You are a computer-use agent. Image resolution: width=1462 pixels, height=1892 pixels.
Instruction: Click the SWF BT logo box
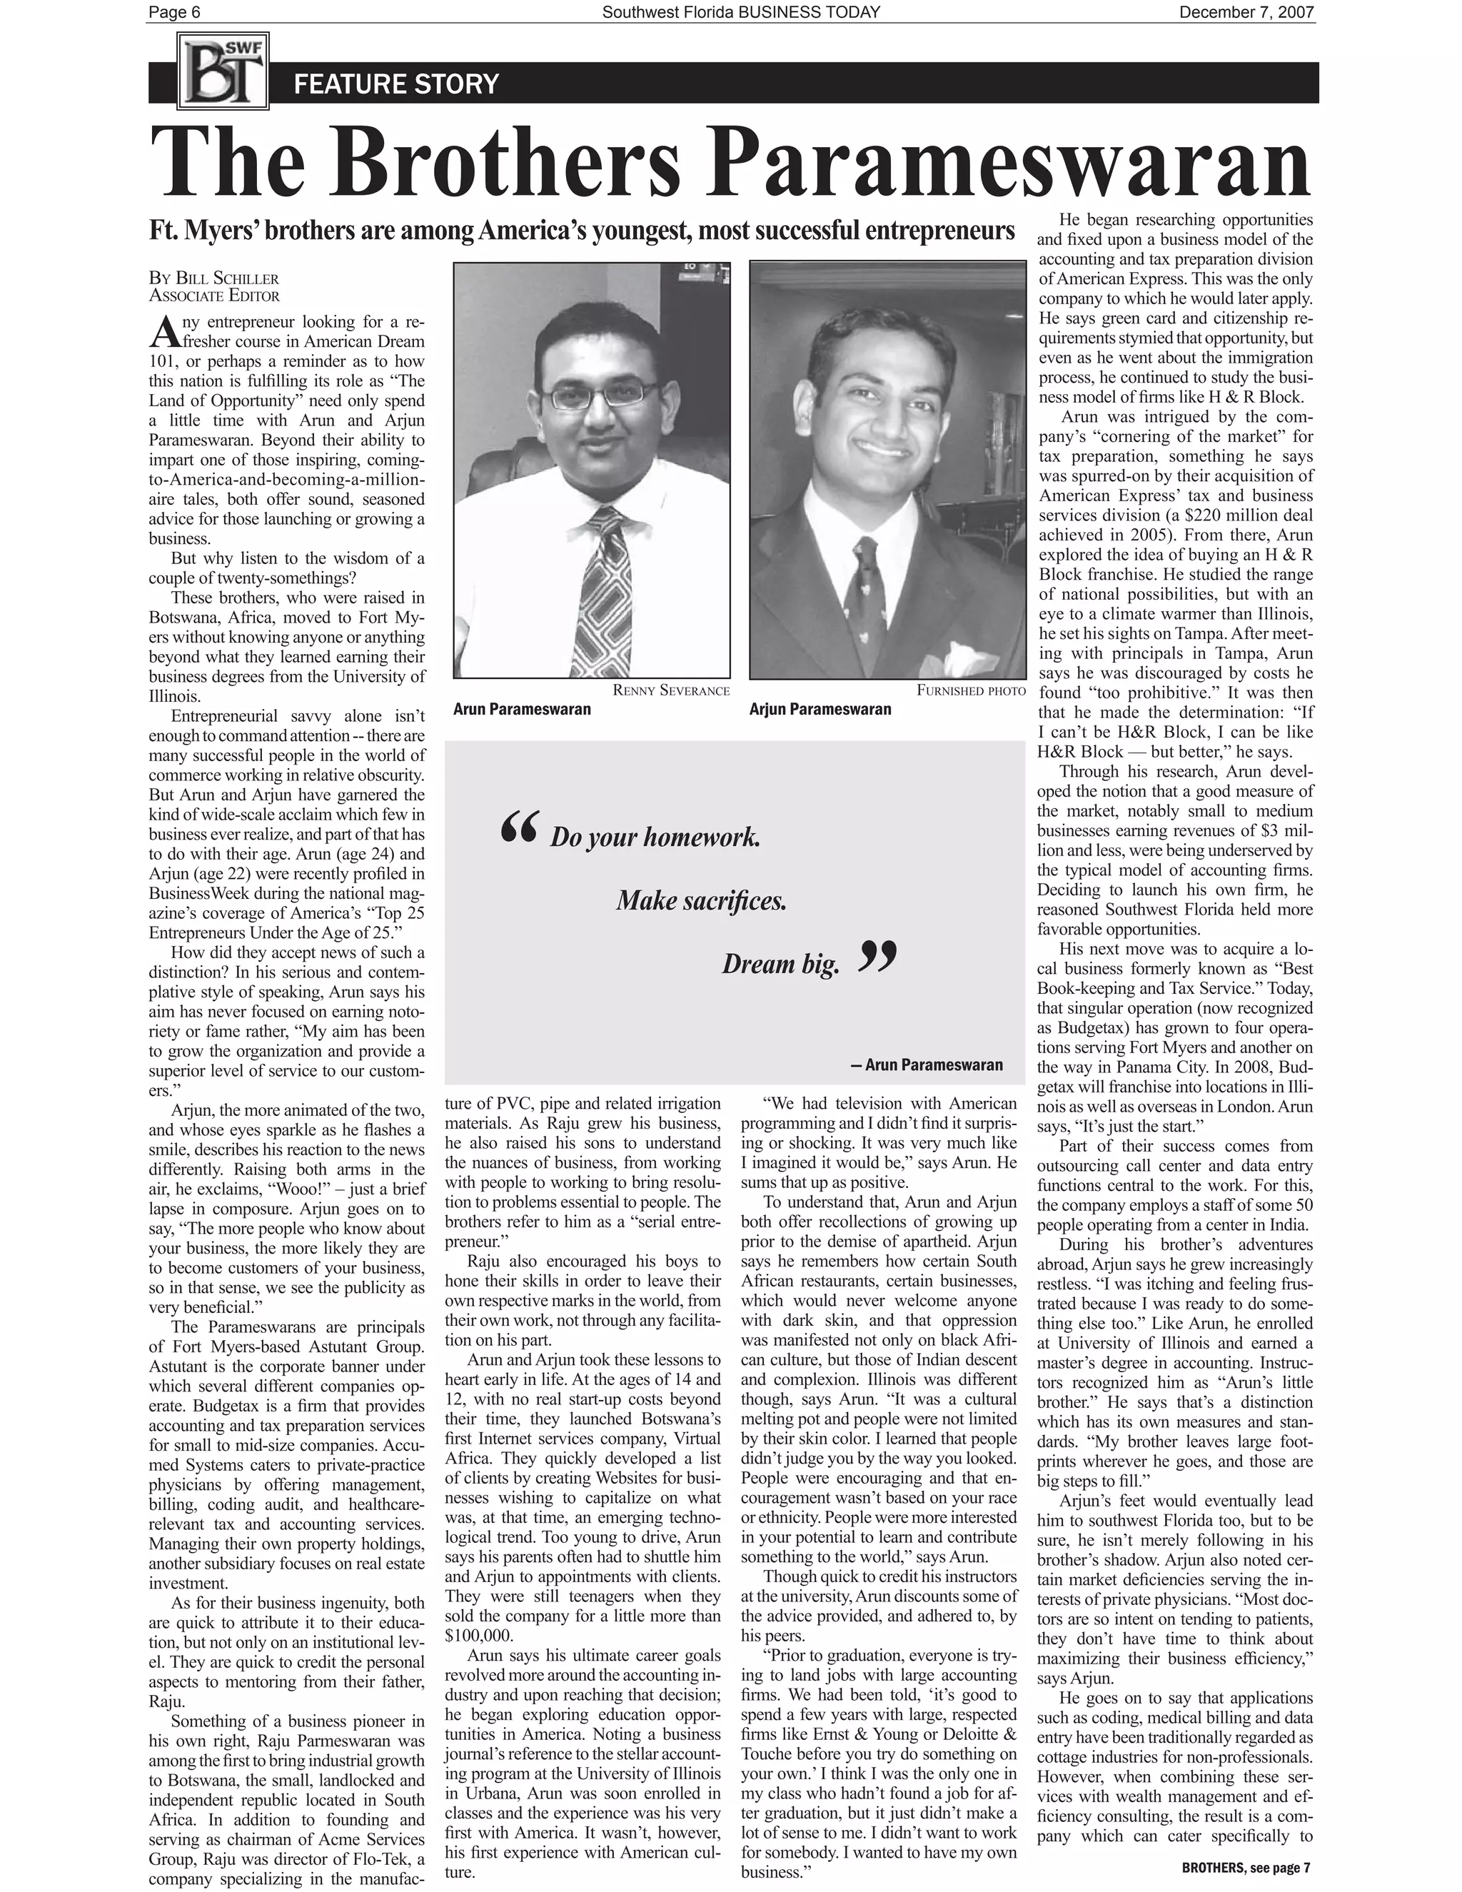(223, 70)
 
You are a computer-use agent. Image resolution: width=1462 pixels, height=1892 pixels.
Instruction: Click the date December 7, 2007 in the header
(1246, 12)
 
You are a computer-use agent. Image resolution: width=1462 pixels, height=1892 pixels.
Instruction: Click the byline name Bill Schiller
(226, 279)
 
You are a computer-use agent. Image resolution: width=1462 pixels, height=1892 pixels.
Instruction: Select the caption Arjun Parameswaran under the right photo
(820, 710)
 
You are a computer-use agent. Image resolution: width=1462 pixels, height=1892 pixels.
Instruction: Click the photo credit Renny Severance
(670, 690)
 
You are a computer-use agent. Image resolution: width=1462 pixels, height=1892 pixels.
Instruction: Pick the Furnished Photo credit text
(971, 690)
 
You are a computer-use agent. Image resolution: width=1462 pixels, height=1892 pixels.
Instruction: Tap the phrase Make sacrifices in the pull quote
(702, 901)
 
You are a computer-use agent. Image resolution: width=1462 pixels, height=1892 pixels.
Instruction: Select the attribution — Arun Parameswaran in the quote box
(926, 1065)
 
